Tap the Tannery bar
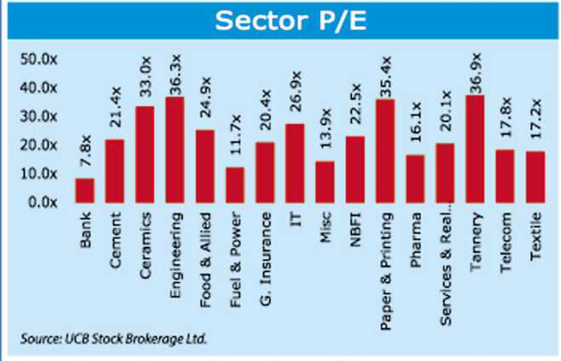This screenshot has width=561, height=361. (x=475, y=149)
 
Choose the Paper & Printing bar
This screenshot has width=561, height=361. (x=385, y=151)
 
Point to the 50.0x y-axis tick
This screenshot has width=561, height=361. (x=38, y=59)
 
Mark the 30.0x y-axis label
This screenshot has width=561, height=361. (x=38, y=117)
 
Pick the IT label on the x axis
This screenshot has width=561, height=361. (x=295, y=217)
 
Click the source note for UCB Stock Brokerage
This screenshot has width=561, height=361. (x=114, y=338)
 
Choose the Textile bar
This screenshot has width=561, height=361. (x=535, y=177)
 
